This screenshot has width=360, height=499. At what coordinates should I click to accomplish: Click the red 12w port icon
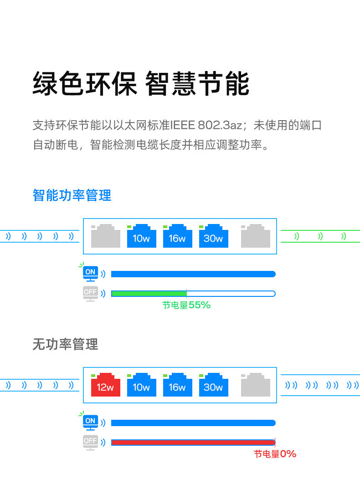point(105,385)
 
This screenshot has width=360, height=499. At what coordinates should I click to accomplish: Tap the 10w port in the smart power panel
point(141,236)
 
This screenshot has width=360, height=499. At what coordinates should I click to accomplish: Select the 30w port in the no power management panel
point(213,385)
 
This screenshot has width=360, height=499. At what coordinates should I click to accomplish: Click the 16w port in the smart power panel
point(177,236)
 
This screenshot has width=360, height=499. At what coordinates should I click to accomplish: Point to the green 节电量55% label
point(186,306)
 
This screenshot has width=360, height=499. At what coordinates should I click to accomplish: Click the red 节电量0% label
point(275,454)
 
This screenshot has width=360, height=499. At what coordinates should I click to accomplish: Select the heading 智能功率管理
point(72,195)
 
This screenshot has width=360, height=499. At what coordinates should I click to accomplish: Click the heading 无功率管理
point(65,344)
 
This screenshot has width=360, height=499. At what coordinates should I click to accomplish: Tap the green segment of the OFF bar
point(149,294)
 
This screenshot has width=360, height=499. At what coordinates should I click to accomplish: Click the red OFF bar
point(193,443)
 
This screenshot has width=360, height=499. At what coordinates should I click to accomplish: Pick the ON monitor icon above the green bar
point(90,273)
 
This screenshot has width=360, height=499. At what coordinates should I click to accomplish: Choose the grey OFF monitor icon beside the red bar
point(90,442)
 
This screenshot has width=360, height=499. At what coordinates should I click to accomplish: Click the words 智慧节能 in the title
point(197,84)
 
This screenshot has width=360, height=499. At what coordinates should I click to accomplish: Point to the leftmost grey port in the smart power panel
point(105,236)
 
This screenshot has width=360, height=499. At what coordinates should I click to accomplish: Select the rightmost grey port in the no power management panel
point(255,385)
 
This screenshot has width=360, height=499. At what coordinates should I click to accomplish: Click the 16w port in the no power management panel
point(177,385)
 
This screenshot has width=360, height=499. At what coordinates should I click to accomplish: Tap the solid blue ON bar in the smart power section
point(193,274)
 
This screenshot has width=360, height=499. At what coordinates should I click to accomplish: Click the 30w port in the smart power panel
point(213,236)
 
